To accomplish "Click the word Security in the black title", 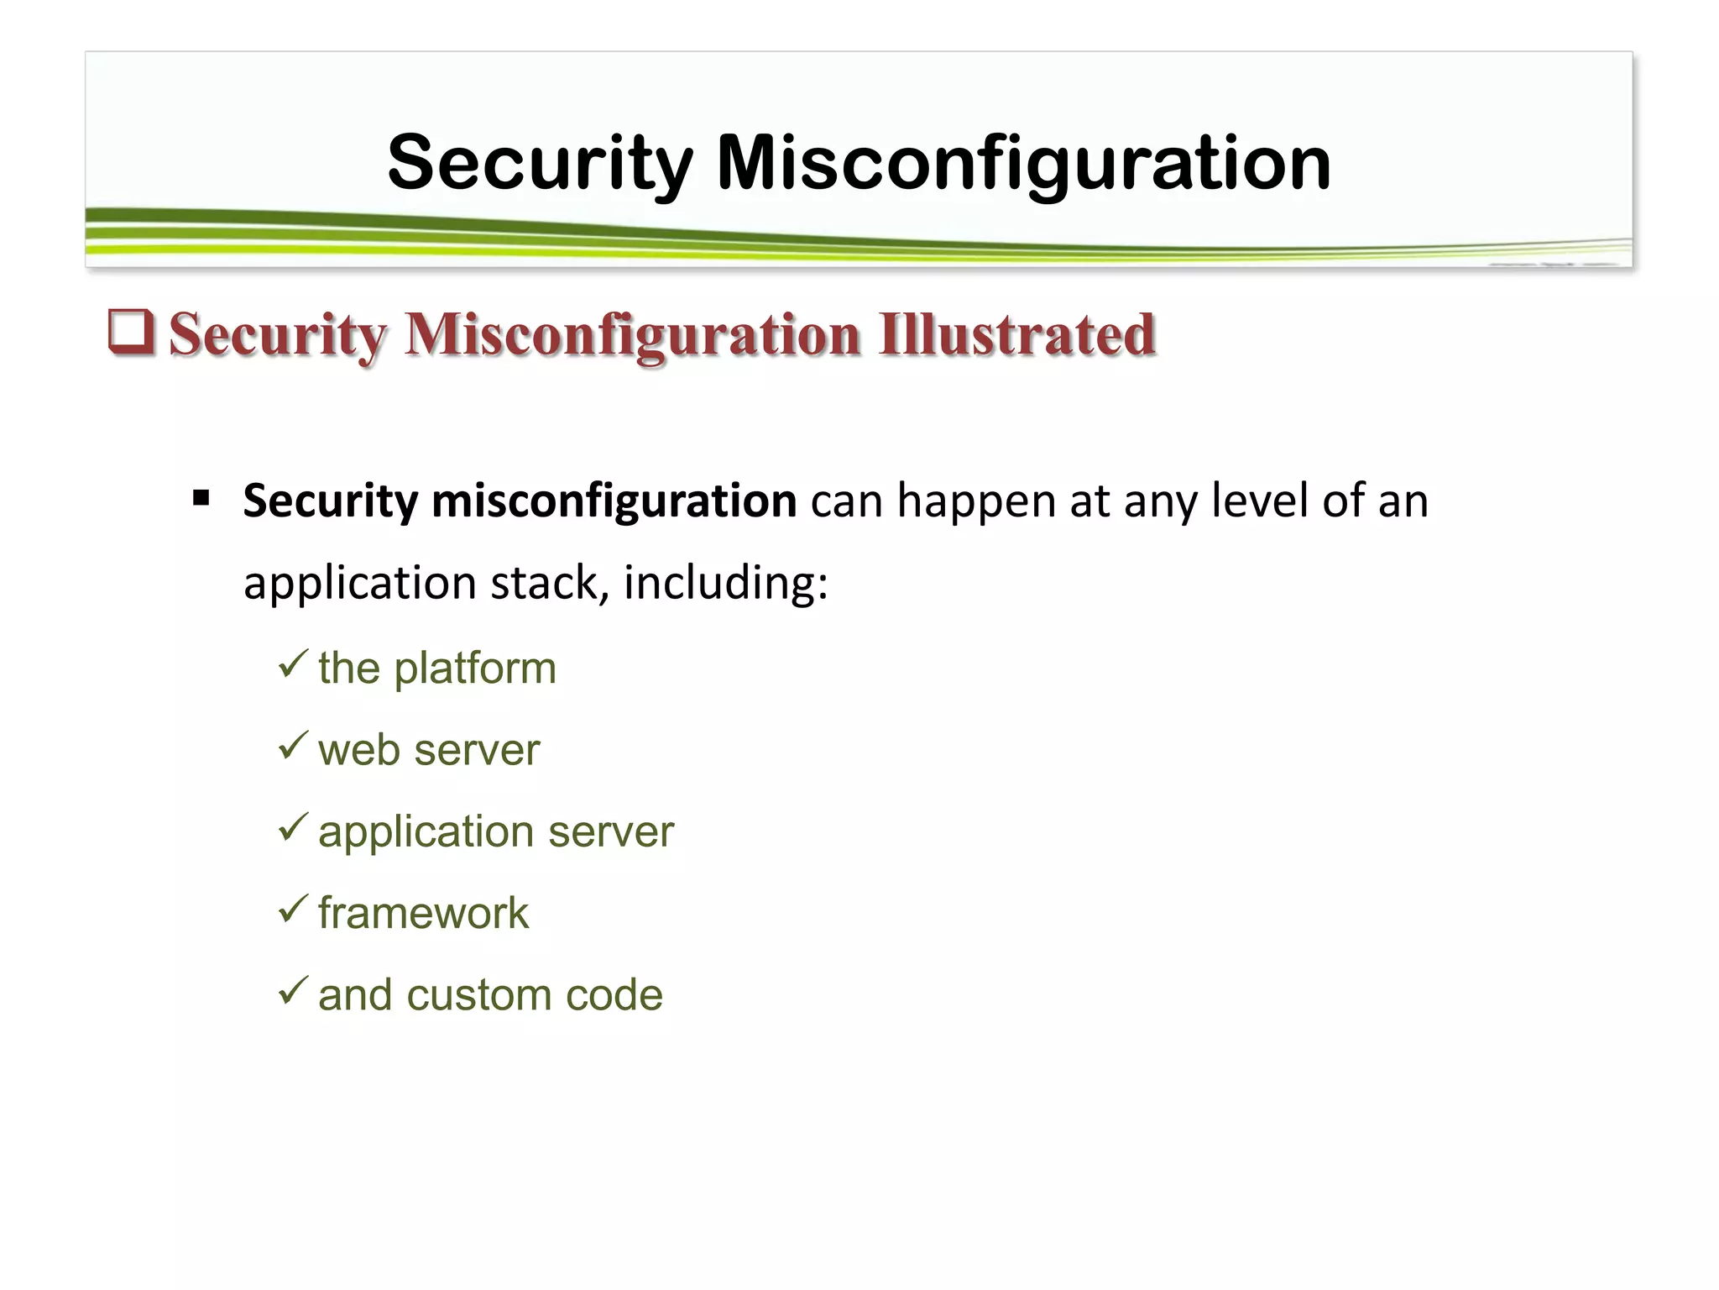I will [540, 164].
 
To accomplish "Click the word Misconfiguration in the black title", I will [1023, 164].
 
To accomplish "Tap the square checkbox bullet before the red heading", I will [132, 332].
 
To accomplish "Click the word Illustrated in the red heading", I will [1017, 334].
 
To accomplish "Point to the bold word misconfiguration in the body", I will [614, 501].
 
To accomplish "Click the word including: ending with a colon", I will [726, 583].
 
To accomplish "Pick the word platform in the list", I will [475, 669].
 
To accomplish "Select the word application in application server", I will [426, 832].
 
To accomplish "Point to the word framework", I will [424, 913].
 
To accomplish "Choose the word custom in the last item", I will [479, 995].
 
